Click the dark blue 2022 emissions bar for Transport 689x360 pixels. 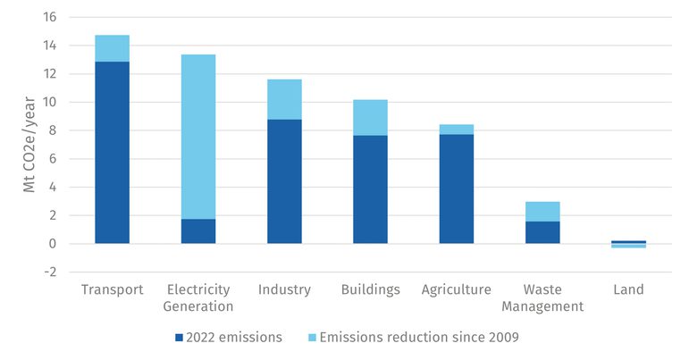[x=112, y=152]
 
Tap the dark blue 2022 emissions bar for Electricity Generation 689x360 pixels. [x=198, y=231]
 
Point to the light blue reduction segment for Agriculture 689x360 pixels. [x=456, y=130]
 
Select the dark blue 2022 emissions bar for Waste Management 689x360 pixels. [x=542, y=232]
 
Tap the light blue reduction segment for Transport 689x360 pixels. [x=112, y=48]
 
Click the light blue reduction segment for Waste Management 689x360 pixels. [x=542, y=212]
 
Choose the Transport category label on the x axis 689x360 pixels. [x=112, y=289]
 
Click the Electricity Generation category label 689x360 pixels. [x=198, y=297]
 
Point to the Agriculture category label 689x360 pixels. [x=456, y=289]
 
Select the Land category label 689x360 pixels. [x=628, y=289]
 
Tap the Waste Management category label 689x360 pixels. [x=542, y=297]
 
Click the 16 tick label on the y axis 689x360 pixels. [x=48, y=17]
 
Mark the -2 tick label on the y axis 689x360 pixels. [x=49, y=272]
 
